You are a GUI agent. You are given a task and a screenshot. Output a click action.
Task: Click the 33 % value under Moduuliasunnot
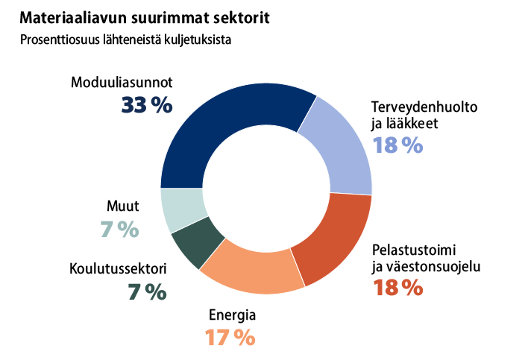(147, 105)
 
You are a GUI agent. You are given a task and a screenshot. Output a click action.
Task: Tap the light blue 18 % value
(397, 145)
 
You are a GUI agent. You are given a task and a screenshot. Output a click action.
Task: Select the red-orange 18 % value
(397, 287)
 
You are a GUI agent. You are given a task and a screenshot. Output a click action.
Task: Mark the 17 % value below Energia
(230, 337)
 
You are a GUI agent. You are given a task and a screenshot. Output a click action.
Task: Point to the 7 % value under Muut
(120, 230)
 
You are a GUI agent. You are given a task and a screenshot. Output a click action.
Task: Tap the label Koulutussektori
(118, 269)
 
